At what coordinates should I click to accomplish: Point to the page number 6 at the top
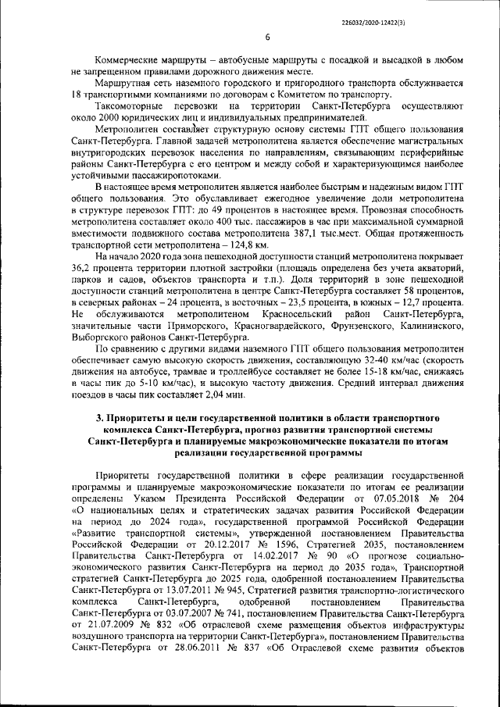[x=267, y=37]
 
